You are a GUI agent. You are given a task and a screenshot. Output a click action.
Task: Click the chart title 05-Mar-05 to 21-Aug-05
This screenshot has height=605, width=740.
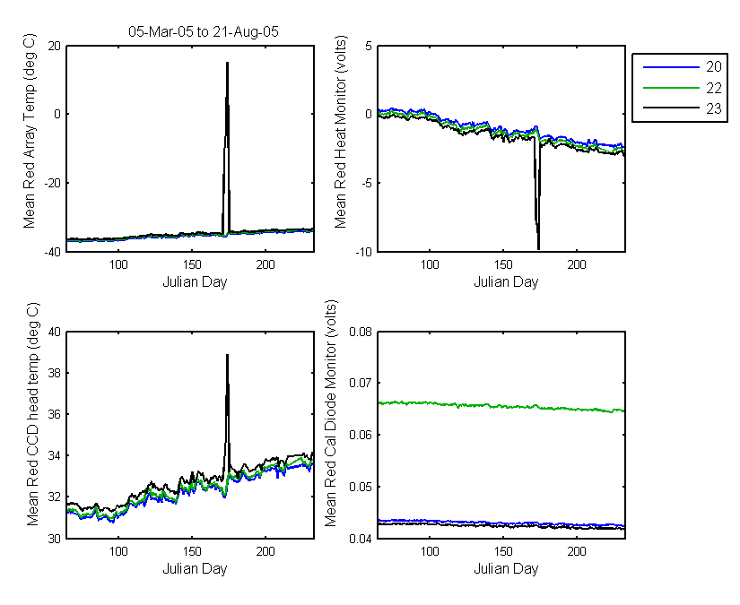[204, 31]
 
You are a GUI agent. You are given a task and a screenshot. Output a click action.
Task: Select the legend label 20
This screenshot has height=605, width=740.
[714, 67]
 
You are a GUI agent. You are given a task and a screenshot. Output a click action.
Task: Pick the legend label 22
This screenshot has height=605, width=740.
[714, 88]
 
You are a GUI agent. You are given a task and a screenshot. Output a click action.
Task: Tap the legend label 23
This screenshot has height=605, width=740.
[714, 108]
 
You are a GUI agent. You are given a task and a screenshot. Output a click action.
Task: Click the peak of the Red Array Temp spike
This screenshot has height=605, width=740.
[227, 63]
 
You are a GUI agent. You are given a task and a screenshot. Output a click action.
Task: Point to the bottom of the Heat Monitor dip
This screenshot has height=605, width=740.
[538, 248]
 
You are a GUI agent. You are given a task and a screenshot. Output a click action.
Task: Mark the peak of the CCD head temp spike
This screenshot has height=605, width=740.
[227, 355]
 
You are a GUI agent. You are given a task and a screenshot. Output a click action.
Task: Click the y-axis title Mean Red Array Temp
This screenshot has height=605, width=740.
[30, 131]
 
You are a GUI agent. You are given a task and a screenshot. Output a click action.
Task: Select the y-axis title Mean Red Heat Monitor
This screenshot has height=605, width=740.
[340, 132]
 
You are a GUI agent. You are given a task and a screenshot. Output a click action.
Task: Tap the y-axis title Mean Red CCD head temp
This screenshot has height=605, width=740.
[32, 414]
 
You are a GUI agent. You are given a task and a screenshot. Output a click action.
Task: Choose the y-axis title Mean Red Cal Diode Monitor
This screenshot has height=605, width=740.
[331, 413]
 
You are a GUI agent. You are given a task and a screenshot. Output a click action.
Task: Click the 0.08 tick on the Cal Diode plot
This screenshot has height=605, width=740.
[361, 332]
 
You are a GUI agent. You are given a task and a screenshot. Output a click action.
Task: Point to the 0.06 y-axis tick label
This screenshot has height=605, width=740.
[361, 435]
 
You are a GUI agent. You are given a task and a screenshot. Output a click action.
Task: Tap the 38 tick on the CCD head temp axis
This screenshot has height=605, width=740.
[55, 373]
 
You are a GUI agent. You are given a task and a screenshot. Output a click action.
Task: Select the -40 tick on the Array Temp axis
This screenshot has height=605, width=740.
[52, 252]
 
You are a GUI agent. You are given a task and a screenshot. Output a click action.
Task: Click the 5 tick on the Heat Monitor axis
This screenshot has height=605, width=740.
[369, 47]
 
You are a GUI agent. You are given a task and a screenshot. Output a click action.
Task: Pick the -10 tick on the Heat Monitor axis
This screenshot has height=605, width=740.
[364, 252]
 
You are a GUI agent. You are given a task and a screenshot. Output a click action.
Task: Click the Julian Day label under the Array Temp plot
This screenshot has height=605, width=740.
[195, 282]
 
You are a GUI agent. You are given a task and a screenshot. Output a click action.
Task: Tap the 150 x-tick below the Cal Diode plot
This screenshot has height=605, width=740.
[503, 551]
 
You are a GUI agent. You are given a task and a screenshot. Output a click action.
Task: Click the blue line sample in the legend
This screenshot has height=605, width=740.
[671, 67]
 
